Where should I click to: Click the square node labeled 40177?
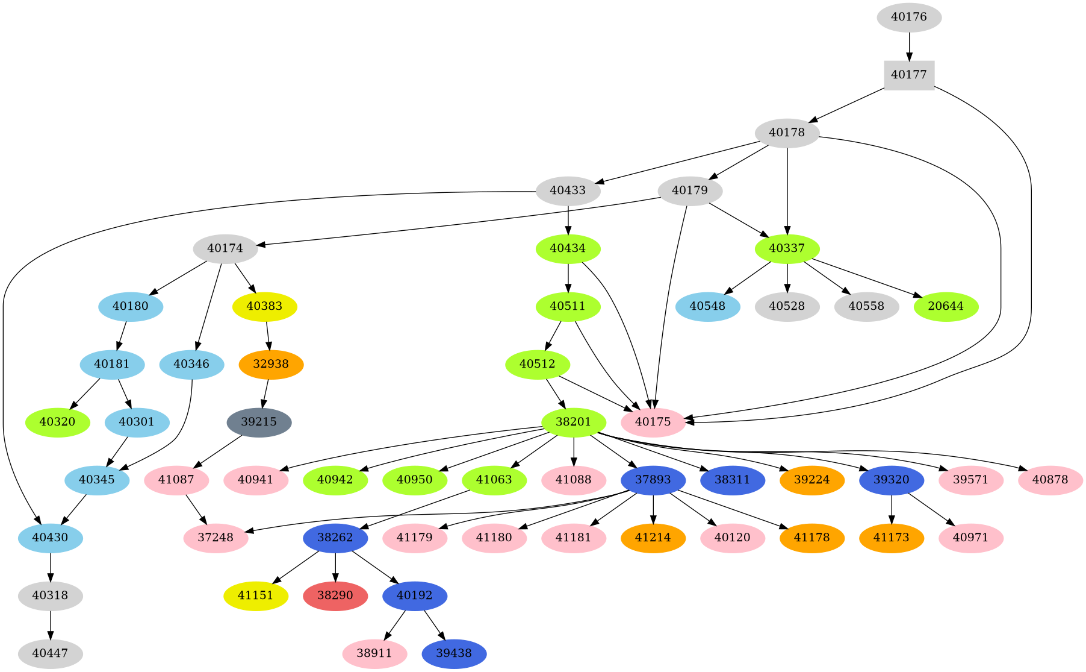click(x=909, y=75)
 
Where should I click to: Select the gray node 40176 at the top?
click(x=909, y=17)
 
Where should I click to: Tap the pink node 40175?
click(x=653, y=422)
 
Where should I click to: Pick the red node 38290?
click(x=335, y=595)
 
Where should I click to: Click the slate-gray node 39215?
click(x=259, y=422)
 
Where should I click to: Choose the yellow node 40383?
click(x=265, y=306)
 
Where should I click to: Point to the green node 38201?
click(x=573, y=422)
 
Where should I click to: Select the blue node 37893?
click(x=653, y=480)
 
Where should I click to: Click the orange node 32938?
click(x=271, y=364)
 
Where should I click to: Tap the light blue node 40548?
click(x=707, y=306)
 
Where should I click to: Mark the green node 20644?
click(x=946, y=306)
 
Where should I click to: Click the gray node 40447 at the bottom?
click(x=51, y=653)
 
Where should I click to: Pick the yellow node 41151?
click(x=256, y=595)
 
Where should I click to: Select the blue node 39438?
click(x=454, y=653)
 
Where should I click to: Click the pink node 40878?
click(x=1050, y=480)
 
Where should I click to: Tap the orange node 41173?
click(x=892, y=538)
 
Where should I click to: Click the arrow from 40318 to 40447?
click(x=51, y=624)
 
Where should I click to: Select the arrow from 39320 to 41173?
click(x=892, y=509)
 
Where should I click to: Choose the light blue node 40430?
click(x=51, y=538)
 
